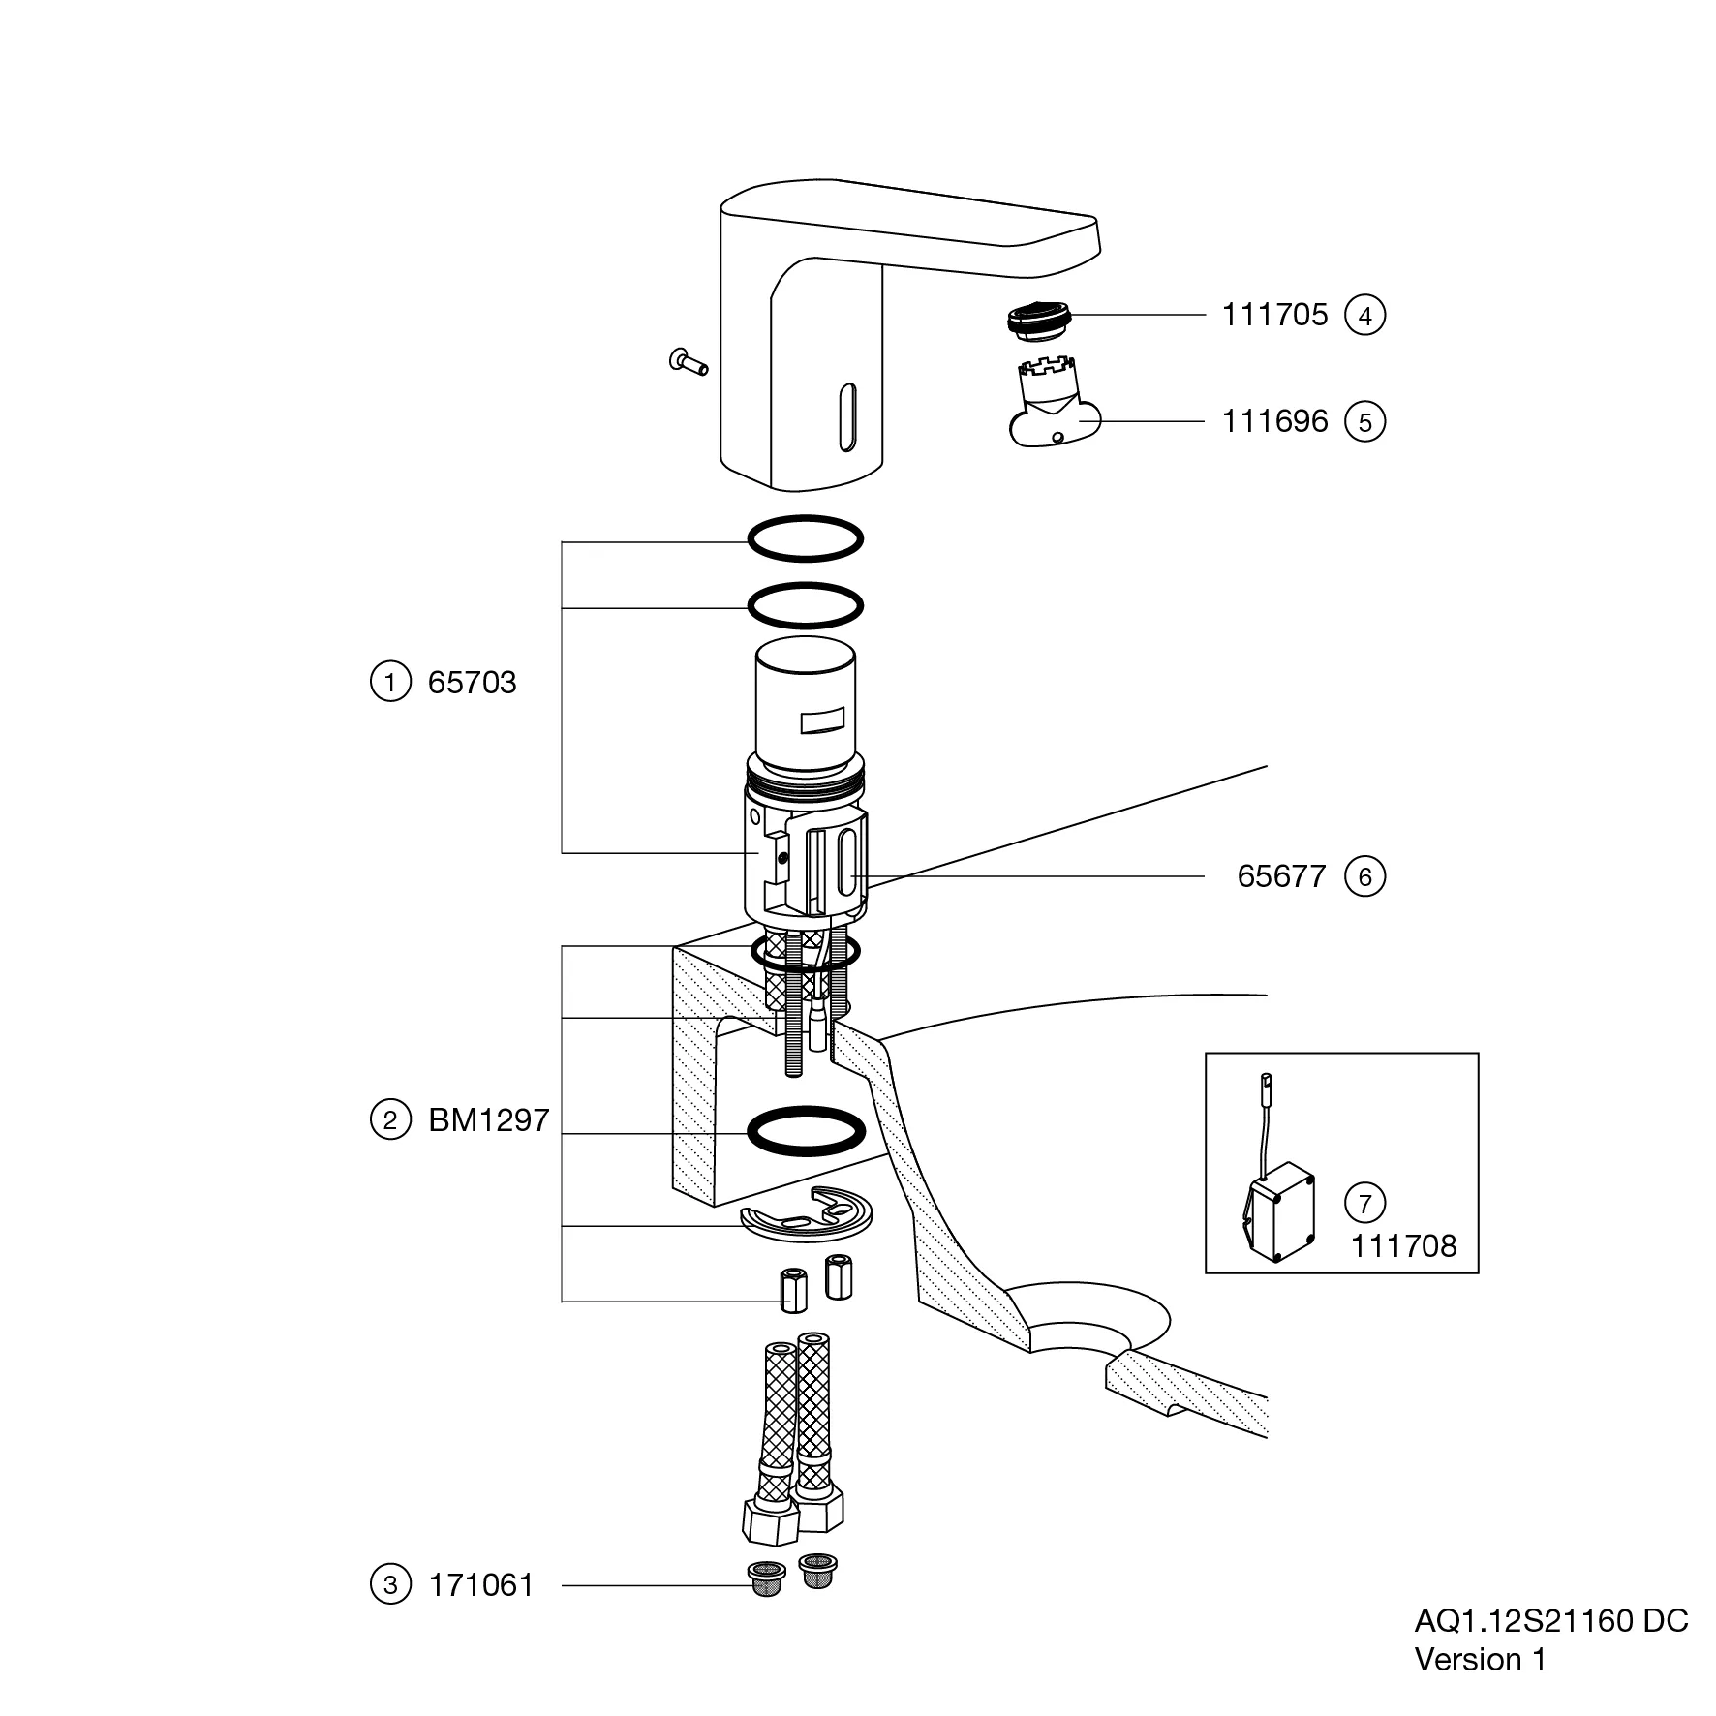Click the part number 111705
point(1274,315)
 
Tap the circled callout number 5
point(1364,422)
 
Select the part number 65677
point(1281,876)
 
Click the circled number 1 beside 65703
point(389,683)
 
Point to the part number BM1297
point(488,1120)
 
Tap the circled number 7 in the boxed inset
point(1364,1204)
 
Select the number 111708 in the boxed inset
point(1403,1246)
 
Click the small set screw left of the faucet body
point(688,362)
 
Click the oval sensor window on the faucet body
point(847,416)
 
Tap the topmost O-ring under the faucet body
point(805,538)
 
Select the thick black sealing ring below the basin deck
point(806,1131)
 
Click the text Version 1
point(1480,1660)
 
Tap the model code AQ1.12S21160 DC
point(1551,1621)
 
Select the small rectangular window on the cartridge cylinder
point(821,721)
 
